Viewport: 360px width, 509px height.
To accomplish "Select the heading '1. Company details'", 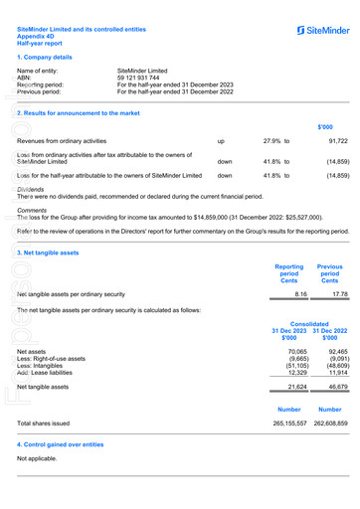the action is [47, 59].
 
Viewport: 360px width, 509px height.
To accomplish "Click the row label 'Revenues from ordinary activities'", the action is [62, 142].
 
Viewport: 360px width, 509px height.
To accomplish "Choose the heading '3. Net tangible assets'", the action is [48, 253].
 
